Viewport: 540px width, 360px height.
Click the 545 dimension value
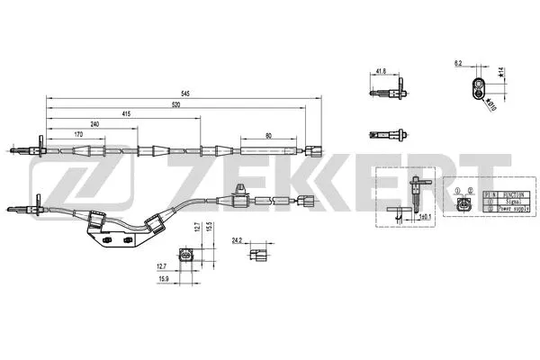[184, 92]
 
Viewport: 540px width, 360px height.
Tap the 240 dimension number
[94, 124]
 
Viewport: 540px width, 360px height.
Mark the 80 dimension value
[269, 135]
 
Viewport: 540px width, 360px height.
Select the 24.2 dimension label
[238, 240]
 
